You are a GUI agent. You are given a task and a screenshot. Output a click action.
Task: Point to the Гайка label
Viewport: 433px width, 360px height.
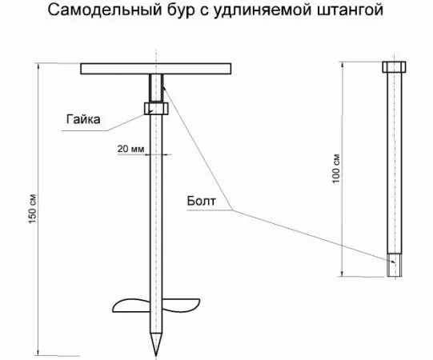click(83, 119)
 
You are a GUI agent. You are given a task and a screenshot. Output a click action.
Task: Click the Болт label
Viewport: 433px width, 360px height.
click(201, 201)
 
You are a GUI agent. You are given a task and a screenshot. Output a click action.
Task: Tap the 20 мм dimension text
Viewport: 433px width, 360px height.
click(130, 149)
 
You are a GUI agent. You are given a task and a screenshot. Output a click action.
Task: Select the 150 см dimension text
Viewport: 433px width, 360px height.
click(32, 209)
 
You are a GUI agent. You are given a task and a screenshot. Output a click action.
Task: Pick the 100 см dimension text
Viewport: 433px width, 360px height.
click(336, 169)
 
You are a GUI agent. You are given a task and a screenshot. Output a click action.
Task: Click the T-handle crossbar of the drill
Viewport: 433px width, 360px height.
click(156, 69)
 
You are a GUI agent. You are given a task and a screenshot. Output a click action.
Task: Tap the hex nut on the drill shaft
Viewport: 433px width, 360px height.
click(156, 108)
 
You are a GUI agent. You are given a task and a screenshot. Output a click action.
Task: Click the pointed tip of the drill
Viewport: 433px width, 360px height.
click(156, 355)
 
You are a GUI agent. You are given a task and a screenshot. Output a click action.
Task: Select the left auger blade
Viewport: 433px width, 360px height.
click(131, 306)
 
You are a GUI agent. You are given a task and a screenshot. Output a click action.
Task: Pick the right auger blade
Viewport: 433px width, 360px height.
click(181, 304)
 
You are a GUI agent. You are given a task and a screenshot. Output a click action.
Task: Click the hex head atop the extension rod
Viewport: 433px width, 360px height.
click(394, 67)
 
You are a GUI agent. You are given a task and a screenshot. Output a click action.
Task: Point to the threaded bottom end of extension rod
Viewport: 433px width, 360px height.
click(394, 265)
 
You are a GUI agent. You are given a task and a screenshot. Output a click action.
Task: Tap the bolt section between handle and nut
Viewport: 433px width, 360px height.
click(156, 88)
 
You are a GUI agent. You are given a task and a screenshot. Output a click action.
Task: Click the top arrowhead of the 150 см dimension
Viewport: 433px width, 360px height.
click(38, 66)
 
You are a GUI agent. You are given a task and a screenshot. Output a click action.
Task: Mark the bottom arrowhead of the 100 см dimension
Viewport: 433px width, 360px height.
click(343, 274)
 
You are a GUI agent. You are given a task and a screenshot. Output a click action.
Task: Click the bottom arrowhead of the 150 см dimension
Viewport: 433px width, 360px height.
click(38, 353)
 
